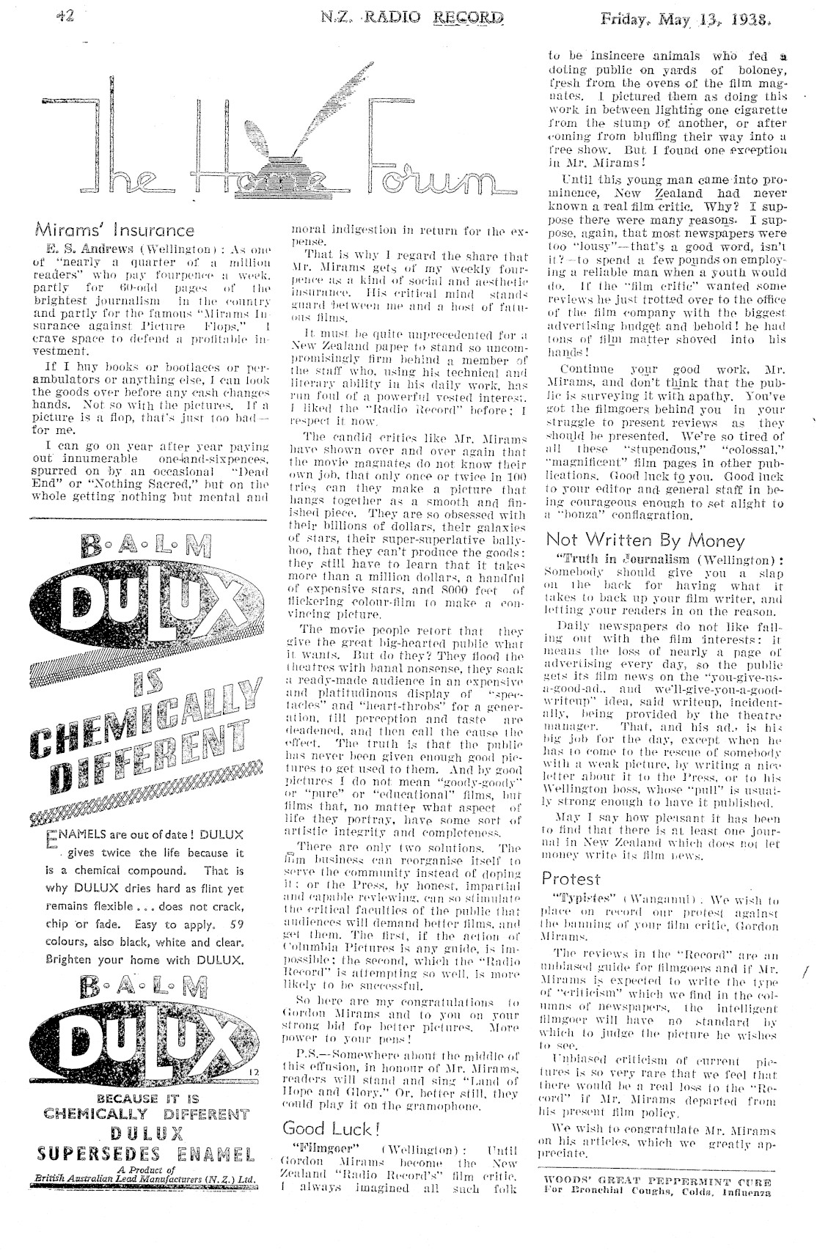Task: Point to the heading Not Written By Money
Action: pyautogui.click(x=645, y=540)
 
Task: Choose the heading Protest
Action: pyautogui.click(x=571, y=878)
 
